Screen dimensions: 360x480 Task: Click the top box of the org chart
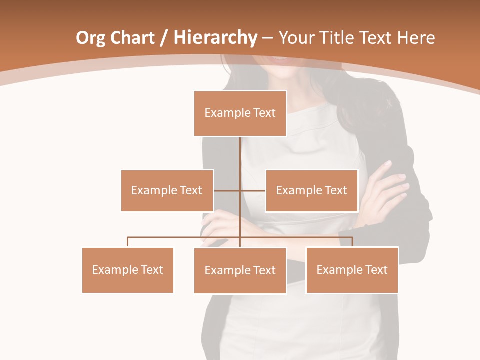coord(240,113)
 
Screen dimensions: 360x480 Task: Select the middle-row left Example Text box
coord(167,190)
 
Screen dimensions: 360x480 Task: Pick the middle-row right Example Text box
coord(311,190)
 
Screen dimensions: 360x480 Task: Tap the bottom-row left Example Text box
coord(127,270)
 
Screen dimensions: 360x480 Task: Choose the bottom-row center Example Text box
coord(240,270)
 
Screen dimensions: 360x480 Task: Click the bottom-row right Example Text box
coord(352,270)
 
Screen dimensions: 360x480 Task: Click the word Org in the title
coord(90,38)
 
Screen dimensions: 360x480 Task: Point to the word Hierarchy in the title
coord(215,38)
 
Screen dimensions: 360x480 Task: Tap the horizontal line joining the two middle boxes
coord(252,190)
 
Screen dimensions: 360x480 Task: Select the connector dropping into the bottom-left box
coord(128,242)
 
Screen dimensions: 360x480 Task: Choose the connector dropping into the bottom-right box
coord(352,242)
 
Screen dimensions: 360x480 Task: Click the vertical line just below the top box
coord(240,150)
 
